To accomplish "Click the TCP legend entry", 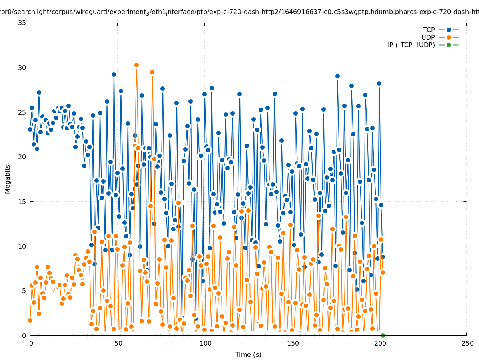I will point(429,30).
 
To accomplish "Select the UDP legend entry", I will point(428,38).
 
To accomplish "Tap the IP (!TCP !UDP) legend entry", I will point(411,45).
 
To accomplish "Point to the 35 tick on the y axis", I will point(22,23).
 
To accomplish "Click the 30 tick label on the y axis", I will point(22,68).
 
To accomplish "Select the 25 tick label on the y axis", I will point(22,112).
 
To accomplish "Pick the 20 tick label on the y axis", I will point(22,157).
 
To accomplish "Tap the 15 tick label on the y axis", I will point(22,202).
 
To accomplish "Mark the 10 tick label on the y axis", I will point(22,246).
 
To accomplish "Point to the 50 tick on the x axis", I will point(118,344).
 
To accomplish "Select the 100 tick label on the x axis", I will point(205,344).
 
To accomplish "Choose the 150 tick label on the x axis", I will point(293,344).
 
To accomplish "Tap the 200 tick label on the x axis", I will point(380,344).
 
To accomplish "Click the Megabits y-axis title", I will point(8,179).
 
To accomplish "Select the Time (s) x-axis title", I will point(248,355).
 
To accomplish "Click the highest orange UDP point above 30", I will point(136,65).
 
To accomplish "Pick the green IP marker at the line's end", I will point(383,335).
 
